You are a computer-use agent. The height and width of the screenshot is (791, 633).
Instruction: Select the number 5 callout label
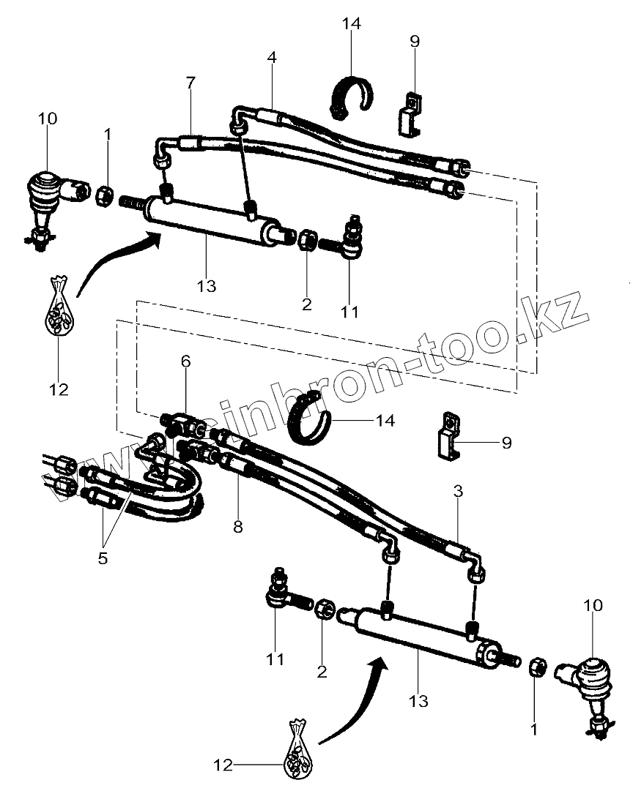pyautogui.click(x=103, y=559)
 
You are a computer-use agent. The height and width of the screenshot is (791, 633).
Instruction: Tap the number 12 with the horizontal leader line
pyautogui.click(x=223, y=765)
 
